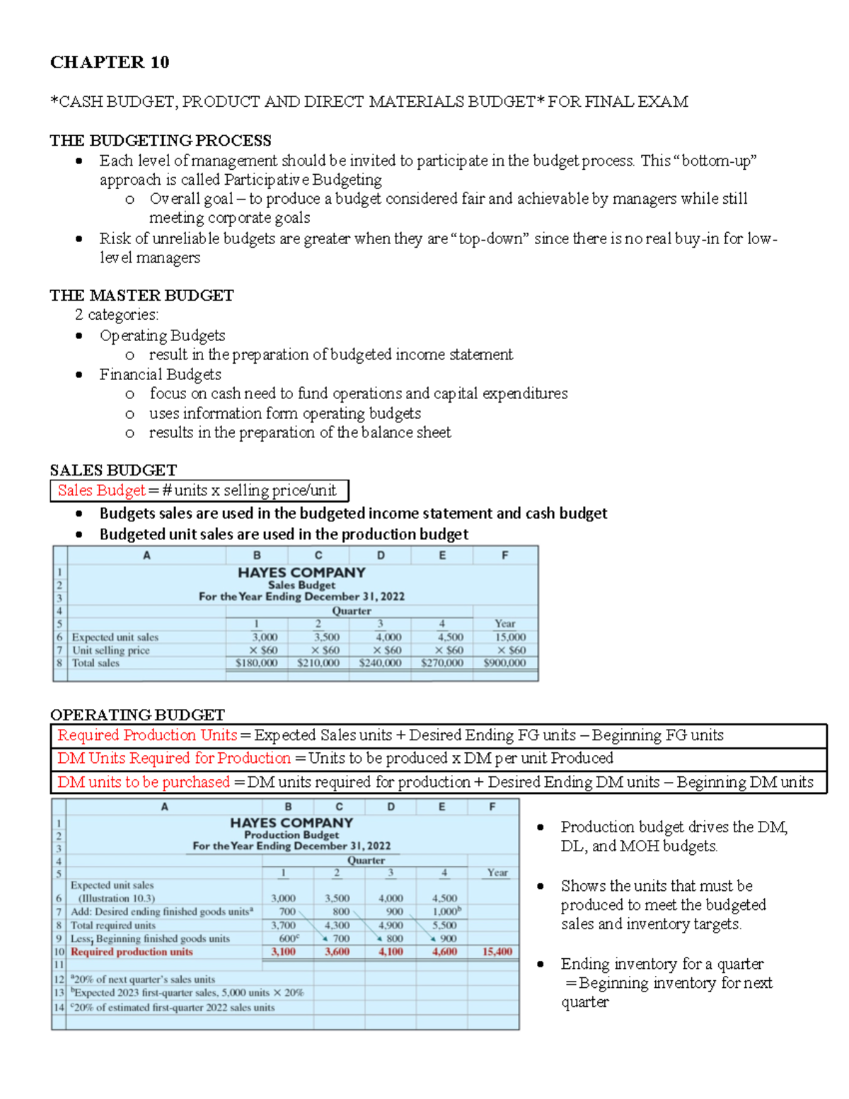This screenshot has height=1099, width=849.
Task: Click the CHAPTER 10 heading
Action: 110,62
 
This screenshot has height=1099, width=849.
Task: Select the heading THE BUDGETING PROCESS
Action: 161,140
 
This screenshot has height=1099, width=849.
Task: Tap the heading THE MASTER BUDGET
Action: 141,295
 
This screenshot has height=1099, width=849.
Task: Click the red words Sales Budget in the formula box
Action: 101,490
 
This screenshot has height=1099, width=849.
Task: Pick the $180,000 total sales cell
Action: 256,663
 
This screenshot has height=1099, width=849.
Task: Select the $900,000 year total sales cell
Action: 504,663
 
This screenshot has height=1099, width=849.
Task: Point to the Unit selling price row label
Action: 111,650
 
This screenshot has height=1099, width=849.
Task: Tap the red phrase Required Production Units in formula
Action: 147,735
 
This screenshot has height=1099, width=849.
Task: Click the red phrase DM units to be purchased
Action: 144,782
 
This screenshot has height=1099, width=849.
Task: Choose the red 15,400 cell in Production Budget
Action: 497,952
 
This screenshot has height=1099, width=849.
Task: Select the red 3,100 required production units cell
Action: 283,952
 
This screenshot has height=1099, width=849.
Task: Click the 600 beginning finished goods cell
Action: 288,938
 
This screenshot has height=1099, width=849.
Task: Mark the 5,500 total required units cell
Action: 444,925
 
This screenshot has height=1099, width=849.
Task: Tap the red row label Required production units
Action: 132,952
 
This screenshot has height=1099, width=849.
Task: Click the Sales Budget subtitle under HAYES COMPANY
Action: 301,585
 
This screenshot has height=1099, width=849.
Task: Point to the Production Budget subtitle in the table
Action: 291,835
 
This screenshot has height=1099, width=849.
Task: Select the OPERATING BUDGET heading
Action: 137,715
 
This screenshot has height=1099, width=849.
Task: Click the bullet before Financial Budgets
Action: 79,374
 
